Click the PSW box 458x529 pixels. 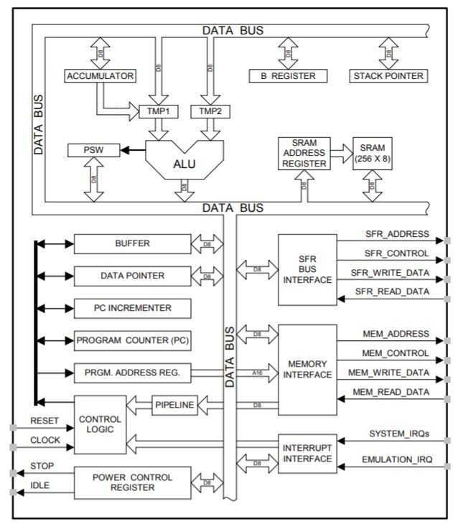[x=93, y=151]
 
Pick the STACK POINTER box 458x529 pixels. [x=388, y=75]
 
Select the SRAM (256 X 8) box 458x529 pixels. [x=373, y=153]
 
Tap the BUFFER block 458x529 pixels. [x=132, y=244]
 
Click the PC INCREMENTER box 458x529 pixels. [x=132, y=308]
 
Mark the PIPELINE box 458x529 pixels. [x=174, y=406]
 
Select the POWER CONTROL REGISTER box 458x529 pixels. [x=132, y=482]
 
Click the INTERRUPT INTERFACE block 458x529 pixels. [x=307, y=454]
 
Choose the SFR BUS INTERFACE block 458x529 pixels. [x=307, y=269]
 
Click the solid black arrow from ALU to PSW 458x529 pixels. [x=131, y=151]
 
